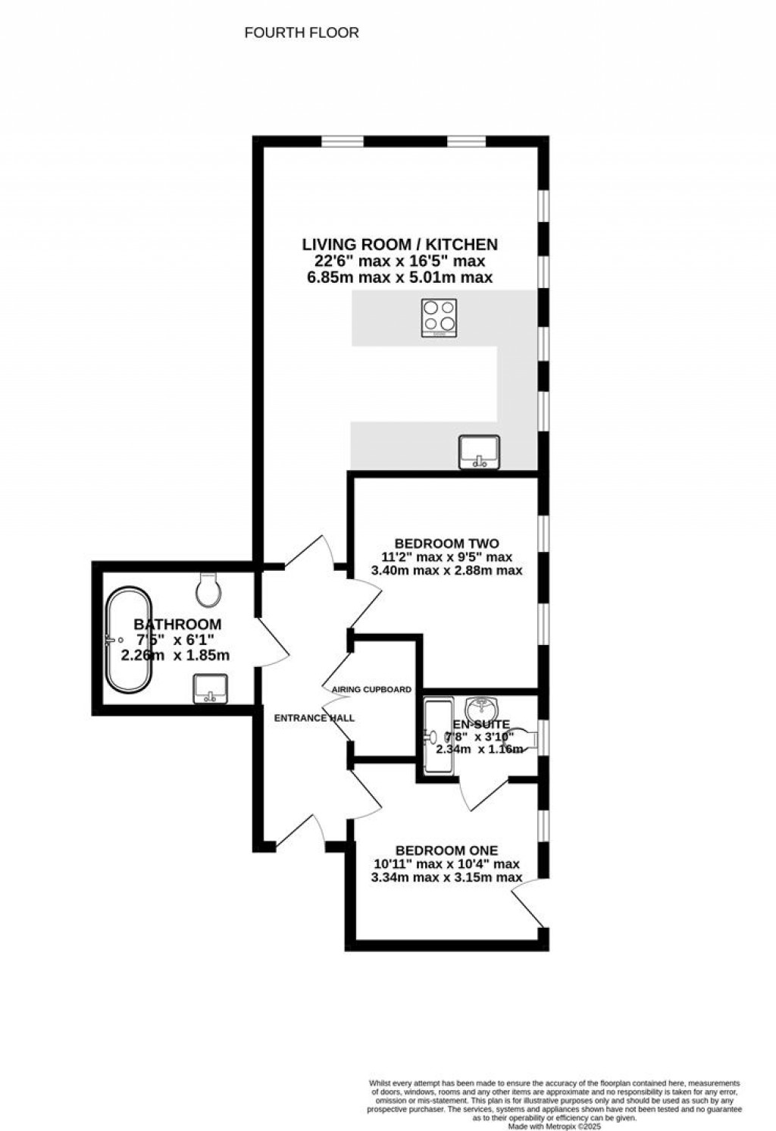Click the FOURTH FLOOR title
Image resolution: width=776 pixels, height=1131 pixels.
pos(302,33)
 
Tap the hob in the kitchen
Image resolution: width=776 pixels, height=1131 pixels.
pos(440,318)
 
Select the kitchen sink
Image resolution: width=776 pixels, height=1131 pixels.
pos(480,451)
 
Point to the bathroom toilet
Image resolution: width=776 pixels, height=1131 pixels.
pos(208,589)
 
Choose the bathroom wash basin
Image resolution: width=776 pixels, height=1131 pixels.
pos(210,688)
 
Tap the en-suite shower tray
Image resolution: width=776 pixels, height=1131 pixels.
pos(437,736)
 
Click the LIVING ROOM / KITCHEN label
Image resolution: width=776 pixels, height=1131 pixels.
pos(399,244)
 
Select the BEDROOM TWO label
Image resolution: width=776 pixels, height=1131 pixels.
pos(446,543)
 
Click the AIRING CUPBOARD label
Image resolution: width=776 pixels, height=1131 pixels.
pos(371,690)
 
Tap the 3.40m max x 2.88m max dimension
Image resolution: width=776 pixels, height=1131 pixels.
pos(446,570)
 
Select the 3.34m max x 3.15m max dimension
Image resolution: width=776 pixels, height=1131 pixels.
pos(446,878)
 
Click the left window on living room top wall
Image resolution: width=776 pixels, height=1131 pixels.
pos(343,141)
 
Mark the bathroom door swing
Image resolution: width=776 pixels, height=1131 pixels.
pos(273,641)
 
